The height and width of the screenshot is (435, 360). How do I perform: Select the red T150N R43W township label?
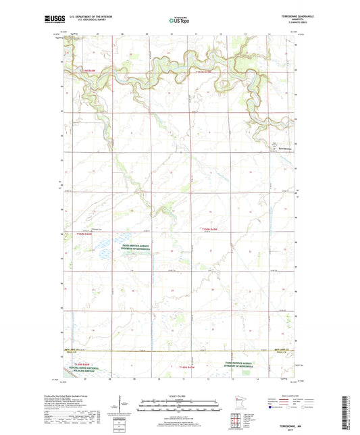pyautogui.click(x=211, y=231)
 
